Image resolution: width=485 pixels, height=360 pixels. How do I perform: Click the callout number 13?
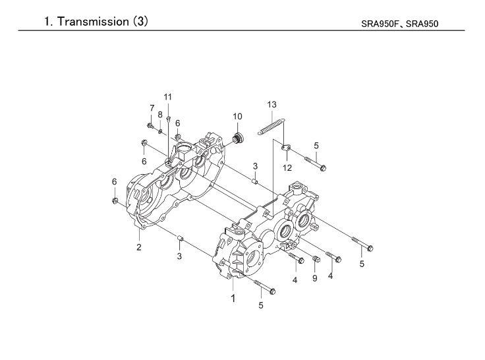[271, 105]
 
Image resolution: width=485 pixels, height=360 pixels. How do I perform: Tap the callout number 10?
[237, 117]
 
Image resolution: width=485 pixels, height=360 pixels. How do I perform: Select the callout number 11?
[167, 97]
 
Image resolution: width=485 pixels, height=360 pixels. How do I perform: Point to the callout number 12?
[287, 167]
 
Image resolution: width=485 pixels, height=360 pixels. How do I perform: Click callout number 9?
[314, 278]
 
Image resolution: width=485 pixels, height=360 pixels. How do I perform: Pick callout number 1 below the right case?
[233, 299]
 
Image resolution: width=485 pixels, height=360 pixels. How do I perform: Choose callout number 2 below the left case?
[139, 247]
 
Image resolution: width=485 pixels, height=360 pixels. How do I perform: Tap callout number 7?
[152, 108]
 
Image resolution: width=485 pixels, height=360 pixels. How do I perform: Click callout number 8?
[160, 115]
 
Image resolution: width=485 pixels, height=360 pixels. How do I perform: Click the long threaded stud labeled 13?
[271, 127]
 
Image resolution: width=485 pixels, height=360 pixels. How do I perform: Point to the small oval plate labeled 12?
[286, 148]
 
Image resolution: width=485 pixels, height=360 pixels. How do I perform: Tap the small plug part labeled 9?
[316, 258]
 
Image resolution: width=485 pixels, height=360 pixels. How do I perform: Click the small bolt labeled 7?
[151, 126]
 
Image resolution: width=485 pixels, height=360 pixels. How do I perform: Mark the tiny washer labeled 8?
[160, 132]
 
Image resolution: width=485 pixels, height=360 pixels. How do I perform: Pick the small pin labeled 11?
[168, 119]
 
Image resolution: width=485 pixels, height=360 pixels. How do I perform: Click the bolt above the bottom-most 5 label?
[264, 287]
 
